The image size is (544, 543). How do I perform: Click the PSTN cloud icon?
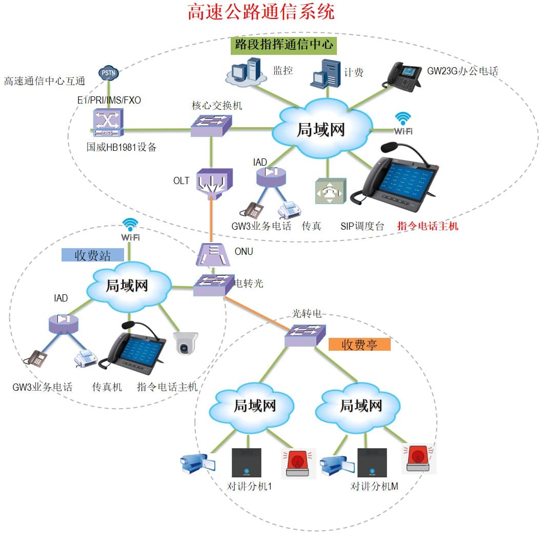(109, 72)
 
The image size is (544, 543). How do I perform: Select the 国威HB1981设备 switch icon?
(108, 123)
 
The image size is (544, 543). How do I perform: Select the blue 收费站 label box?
(92, 255)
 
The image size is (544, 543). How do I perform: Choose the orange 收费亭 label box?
(359, 344)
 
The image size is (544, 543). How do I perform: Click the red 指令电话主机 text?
(428, 226)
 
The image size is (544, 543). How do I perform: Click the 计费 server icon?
(326, 72)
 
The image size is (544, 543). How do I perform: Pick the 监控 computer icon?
(245, 71)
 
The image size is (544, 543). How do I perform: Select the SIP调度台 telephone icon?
(330, 191)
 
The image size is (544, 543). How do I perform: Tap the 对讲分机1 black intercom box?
(247, 464)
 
